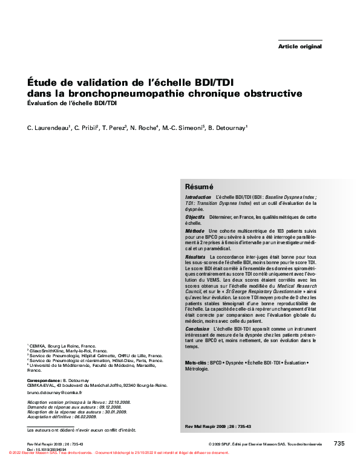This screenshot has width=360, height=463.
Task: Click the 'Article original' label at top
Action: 299,47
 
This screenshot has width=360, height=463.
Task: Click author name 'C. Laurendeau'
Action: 48,128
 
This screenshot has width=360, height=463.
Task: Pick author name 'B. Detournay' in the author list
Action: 228,128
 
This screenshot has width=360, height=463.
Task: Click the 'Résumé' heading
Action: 199,187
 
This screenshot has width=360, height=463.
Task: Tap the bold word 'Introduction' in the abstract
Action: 198,198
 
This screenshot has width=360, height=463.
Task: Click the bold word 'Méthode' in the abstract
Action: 195,231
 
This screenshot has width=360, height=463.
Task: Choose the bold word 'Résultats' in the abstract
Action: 195,257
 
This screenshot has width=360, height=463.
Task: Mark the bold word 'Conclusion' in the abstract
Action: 197,328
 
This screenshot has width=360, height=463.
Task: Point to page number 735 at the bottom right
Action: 339,444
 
